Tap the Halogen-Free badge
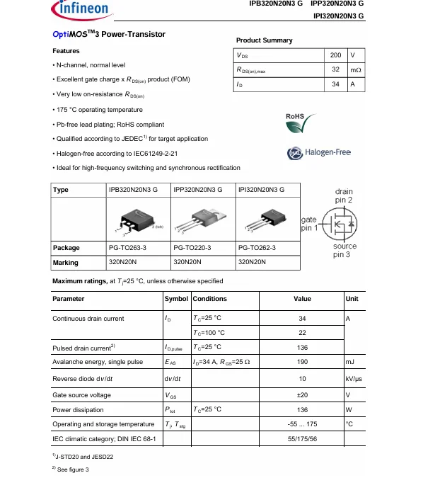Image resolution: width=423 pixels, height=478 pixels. tap(318, 153)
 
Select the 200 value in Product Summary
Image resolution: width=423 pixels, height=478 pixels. tap(335, 55)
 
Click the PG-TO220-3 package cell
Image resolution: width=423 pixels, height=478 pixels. tap(192, 248)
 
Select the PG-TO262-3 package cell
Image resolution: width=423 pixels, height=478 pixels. tap(257, 248)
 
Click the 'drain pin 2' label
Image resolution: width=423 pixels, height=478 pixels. tap(343, 196)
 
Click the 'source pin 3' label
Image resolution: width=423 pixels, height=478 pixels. tap(344, 250)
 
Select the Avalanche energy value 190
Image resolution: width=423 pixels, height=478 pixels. tap(302, 362)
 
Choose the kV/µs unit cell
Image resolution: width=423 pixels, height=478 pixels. tap(354, 379)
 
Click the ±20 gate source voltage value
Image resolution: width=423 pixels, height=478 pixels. tap(302, 394)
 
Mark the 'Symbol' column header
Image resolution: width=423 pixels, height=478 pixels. tap(176, 299)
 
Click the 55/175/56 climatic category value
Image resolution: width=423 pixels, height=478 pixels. tap(302, 440)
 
